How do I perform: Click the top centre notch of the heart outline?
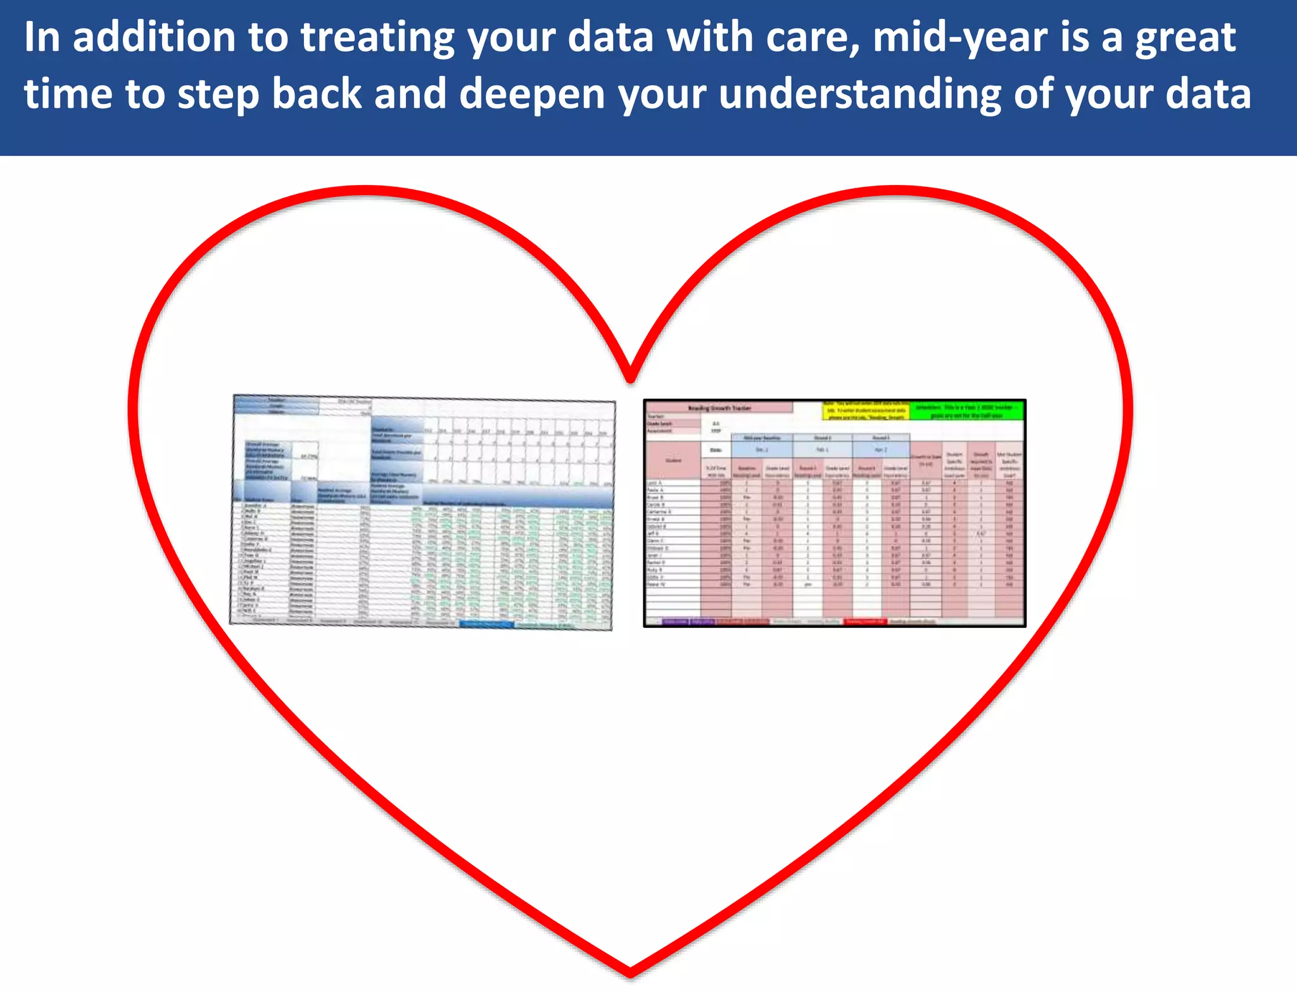[x=630, y=378]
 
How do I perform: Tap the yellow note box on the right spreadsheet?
[x=866, y=410]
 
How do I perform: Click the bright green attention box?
[x=966, y=410]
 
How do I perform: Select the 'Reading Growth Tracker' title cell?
[x=719, y=407]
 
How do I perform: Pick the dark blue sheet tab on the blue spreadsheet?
[x=486, y=624]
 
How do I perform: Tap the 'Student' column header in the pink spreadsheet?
[x=673, y=461]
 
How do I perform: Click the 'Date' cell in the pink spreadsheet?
[x=716, y=450]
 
